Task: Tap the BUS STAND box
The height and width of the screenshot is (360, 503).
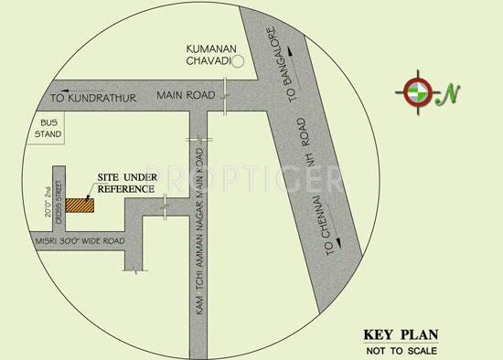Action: [x=48, y=128]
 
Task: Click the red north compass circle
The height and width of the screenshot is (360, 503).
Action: [x=415, y=90]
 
